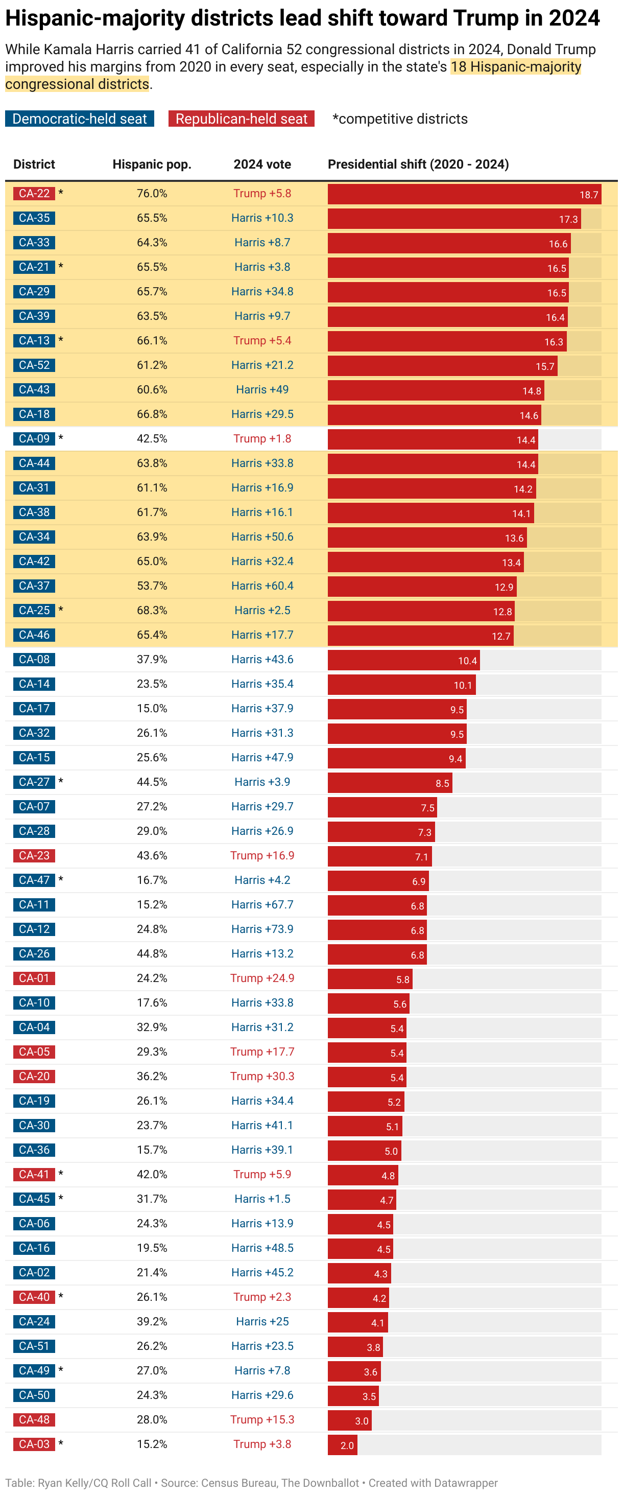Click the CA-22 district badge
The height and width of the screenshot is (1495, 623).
(34, 193)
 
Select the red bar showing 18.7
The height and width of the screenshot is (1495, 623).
(464, 194)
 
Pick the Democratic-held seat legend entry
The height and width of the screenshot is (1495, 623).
(80, 119)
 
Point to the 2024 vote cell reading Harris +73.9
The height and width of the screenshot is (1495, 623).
(261, 929)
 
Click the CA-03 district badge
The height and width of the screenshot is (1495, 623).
(34, 1444)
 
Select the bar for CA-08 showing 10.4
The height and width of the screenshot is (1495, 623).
(403, 660)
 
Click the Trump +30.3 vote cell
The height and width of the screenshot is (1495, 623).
(261, 1076)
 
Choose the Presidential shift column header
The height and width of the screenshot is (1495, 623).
(418, 164)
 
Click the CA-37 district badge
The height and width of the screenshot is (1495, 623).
(34, 586)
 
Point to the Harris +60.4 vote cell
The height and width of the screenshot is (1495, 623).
(261, 586)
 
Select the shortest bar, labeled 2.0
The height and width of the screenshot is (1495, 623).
(342, 1444)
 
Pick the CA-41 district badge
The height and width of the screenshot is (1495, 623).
(34, 1174)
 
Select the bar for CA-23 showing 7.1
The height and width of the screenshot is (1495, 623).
(379, 856)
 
